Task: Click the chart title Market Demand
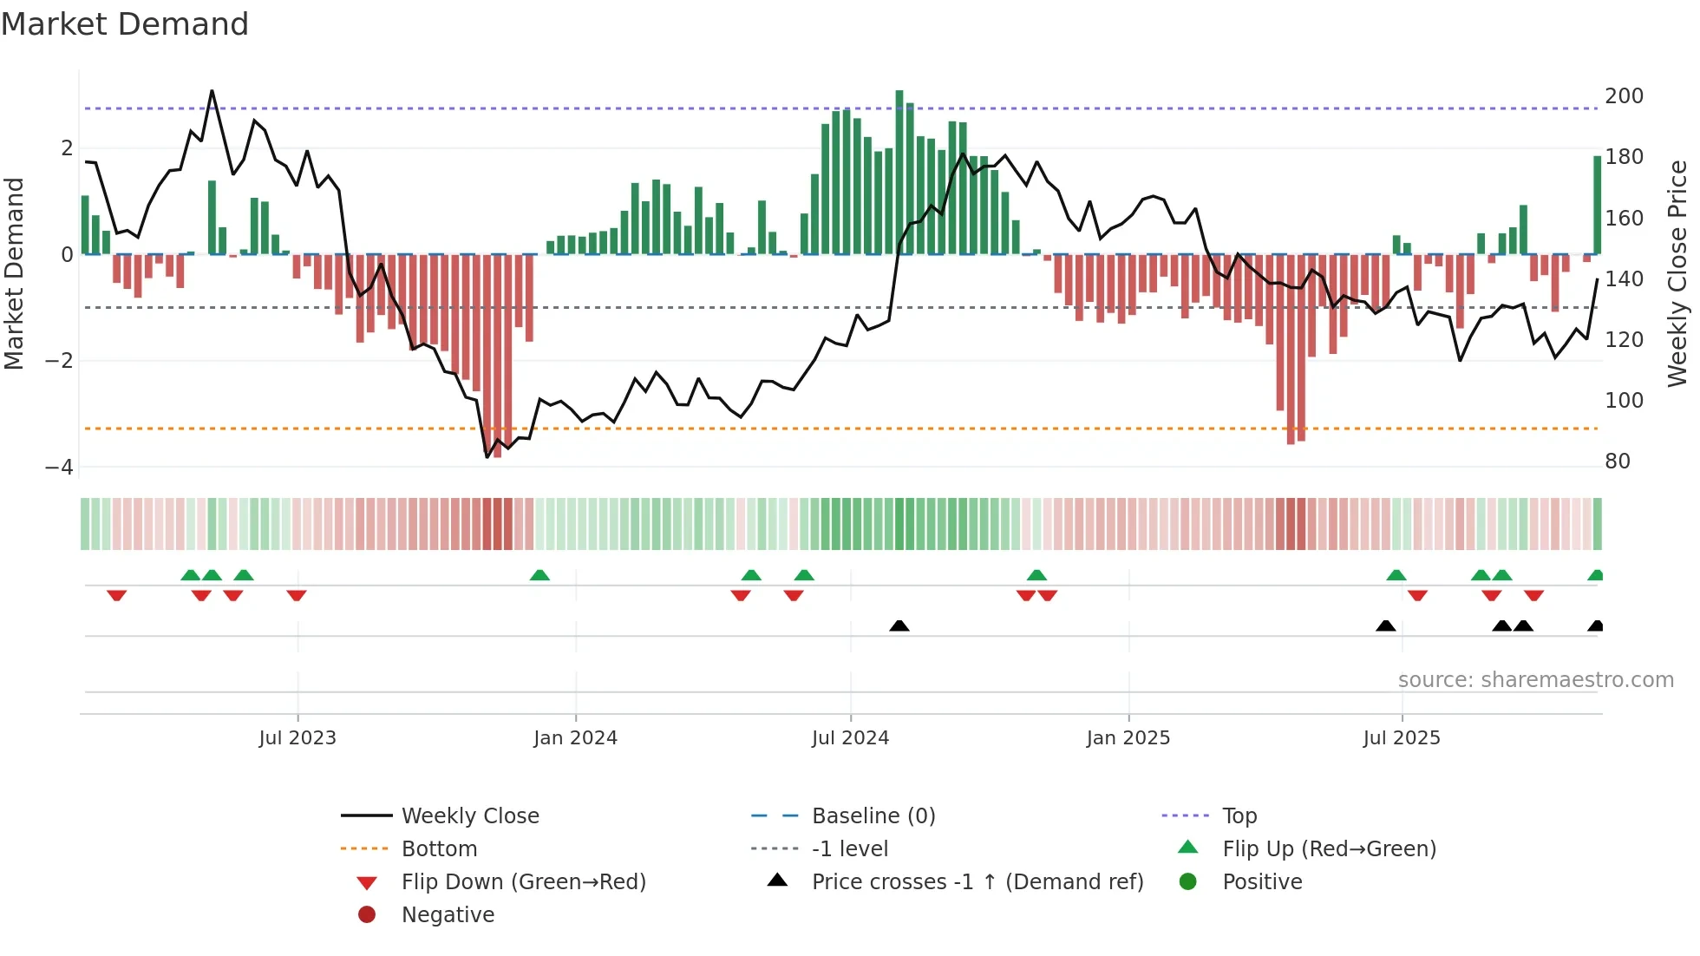click(x=125, y=24)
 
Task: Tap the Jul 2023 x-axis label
click(x=297, y=738)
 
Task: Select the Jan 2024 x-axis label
click(x=575, y=738)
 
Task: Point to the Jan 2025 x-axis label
click(x=1128, y=738)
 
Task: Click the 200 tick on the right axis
click(x=1624, y=96)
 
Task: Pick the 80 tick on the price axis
click(x=1617, y=462)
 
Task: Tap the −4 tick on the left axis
click(x=59, y=468)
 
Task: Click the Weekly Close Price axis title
click(x=1677, y=273)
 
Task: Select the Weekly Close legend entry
click(x=469, y=816)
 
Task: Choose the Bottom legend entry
click(x=439, y=849)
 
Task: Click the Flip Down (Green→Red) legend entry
click(x=523, y=882)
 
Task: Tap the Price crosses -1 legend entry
click(x=977, y=882)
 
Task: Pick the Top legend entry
click(x=1239, y=816)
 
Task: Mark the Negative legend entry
click(x=448, y=915)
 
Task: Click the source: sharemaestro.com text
click(x=1535, y=680)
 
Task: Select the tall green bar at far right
click(x=1597, y=206)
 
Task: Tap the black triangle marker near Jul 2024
click(x=899, y=625)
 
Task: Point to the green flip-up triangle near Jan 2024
click(x=539, y=575)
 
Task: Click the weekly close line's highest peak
click(x=212, y=91)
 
